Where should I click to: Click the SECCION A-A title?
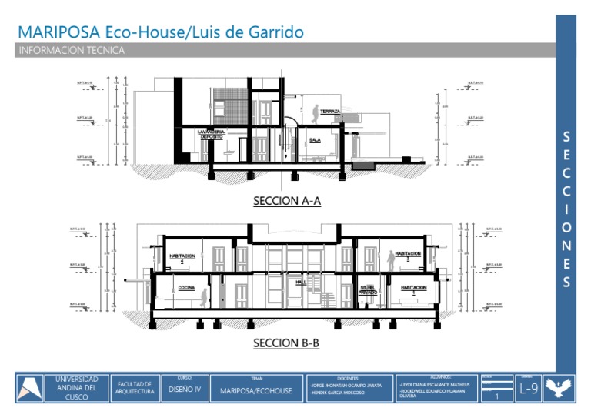286,202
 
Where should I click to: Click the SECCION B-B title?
286,343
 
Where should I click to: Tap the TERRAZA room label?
330,112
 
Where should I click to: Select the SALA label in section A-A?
315,140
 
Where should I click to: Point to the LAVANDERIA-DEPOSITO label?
212,134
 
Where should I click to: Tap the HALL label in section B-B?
302,283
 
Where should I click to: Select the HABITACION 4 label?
182,257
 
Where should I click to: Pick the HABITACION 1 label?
414,289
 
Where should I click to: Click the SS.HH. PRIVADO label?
368,290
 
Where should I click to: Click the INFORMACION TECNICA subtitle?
71,51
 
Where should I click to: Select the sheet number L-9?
528,389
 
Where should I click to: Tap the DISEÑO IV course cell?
184,390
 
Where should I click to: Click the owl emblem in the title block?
559,388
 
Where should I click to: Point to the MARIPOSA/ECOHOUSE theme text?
256,391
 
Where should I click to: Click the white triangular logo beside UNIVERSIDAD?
31,388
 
